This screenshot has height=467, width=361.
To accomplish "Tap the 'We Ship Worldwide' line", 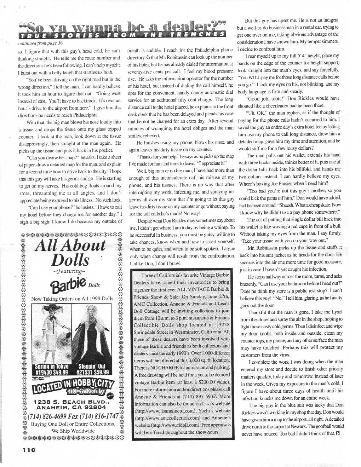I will [73, 431].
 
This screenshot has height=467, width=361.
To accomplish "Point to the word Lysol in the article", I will [337, 312].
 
